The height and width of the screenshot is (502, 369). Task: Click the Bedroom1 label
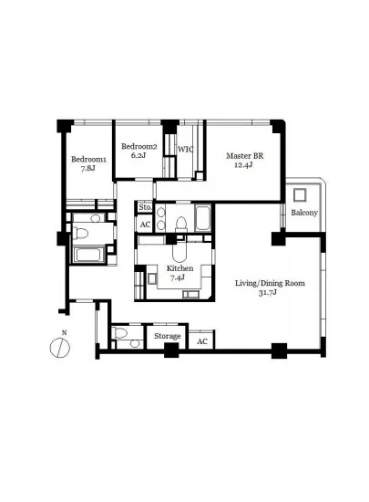(88, 159)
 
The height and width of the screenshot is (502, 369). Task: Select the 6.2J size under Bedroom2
(138, 155)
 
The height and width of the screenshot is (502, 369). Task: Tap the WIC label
(186, 149)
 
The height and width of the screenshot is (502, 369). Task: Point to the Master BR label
(245, 156)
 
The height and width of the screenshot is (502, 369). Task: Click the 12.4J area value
(243, 165)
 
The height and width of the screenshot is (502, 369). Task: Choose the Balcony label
(304, 213)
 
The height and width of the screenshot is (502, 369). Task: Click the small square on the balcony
(300, 195)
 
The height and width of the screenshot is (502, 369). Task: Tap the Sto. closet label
(145, 207)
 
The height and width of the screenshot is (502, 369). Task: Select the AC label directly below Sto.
(145, 225)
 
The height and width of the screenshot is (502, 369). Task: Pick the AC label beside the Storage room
(202, 341)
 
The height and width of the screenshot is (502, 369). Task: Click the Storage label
(168, 336)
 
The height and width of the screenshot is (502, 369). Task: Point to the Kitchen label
(179, 268)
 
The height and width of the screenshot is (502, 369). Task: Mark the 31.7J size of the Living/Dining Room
(267, 292)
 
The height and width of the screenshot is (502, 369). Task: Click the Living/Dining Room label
(270, 283)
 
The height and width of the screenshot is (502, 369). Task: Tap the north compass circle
(60, 348)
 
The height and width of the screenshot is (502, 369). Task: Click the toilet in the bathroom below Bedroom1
(80, 233)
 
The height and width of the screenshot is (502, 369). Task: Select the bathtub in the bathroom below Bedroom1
(88, 255)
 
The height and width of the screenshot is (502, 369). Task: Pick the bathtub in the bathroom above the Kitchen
(203, 218)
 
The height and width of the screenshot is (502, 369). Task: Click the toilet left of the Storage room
(120, 333)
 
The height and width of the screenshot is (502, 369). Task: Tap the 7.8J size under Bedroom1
(87, 169)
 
